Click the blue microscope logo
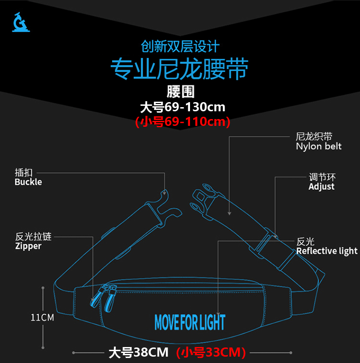[21, 21]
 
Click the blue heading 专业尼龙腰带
[180, 69]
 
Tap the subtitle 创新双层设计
[180, 47]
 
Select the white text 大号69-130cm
[183, 107]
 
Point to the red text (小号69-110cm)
[183, 122]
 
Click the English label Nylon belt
[319, 146]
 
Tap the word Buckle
[28, 182]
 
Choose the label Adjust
[321, 187]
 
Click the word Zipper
[28, 246]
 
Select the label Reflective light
[327, 251]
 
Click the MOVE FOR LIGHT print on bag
[190, 322]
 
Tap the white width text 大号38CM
[138, 352]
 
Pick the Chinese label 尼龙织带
[314, 136]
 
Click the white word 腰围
[180, 92]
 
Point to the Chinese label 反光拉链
[33, 237]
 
